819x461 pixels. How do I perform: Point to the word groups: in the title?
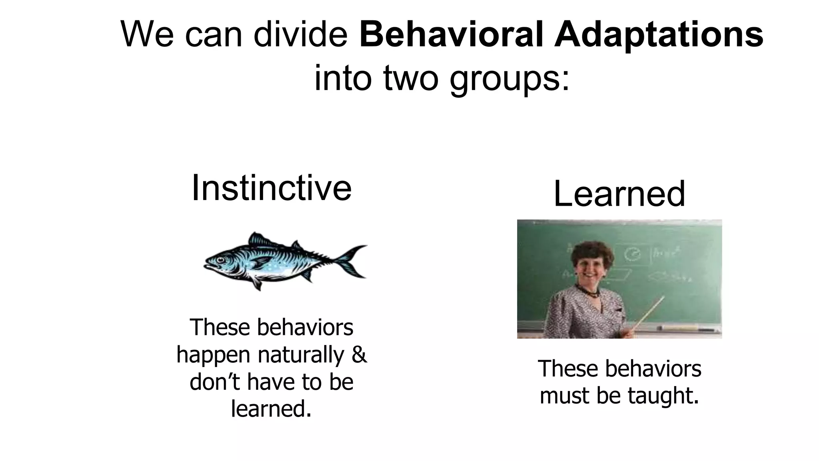pyautogui.click(x=509, y=78)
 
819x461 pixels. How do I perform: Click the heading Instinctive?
pyautogui.click(x=272, y=188)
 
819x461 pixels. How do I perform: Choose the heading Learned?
pyautogui.click(x=619, y=194)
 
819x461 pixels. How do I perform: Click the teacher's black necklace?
pyautogui.click(x=588, y=292)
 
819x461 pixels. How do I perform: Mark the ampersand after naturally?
pyautogui.click(x=359, y=355)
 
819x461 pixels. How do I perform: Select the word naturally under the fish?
pyautogui.click(x=301, y=355)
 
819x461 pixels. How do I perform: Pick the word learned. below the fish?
pyautogui.click(x=271, y=409)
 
